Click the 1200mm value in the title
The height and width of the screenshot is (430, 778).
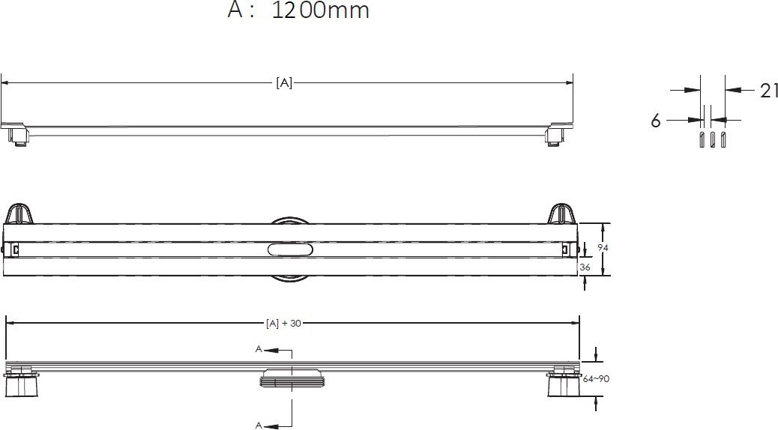(320, 11)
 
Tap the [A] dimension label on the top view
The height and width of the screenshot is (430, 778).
(284, 83)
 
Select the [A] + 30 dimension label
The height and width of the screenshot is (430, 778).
(283, 324)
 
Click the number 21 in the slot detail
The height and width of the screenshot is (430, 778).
(769, 91)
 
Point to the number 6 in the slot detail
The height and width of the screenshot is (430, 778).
(656, 121)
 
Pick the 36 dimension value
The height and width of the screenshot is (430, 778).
(585, 267)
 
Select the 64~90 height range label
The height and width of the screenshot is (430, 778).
(596, 379)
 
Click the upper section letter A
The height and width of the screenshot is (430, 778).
(259, 349)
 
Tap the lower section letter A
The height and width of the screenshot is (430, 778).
(259, 425)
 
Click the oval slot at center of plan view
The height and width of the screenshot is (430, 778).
(287, 250)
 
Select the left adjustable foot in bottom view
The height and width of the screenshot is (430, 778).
(24, 383)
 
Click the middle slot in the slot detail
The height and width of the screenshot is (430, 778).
(713, 141)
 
